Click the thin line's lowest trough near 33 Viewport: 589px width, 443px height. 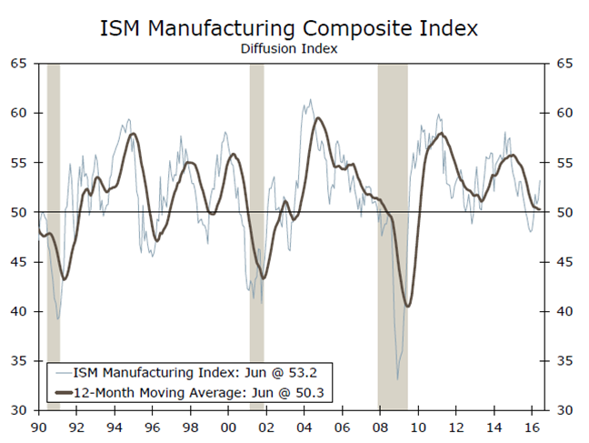tap(397, 378)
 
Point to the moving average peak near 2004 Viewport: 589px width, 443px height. tap(317, 118)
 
